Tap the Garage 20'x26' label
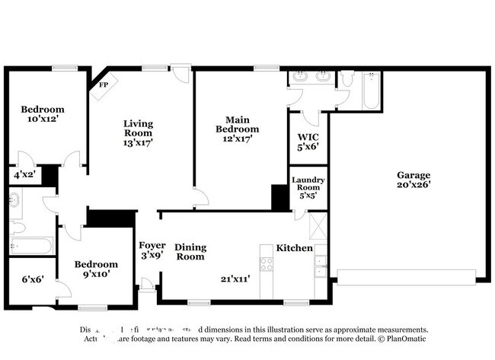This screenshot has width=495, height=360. [413, 180]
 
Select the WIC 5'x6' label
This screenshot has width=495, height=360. [308, 142]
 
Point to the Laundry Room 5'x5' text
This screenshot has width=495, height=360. [308, 187]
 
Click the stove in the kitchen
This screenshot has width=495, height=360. [267, 264]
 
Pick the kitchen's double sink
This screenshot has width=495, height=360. [321, 267]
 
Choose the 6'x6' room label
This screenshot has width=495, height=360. [33, 279]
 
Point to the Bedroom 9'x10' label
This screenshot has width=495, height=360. [95, 269]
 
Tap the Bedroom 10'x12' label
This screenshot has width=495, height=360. [42, 114]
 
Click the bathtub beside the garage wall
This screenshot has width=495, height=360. [371, 91]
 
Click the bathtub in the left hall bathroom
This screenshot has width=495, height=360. [30, 246]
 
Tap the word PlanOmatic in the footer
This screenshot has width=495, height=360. [406, 339]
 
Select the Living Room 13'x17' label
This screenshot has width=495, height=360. [139, 132]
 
